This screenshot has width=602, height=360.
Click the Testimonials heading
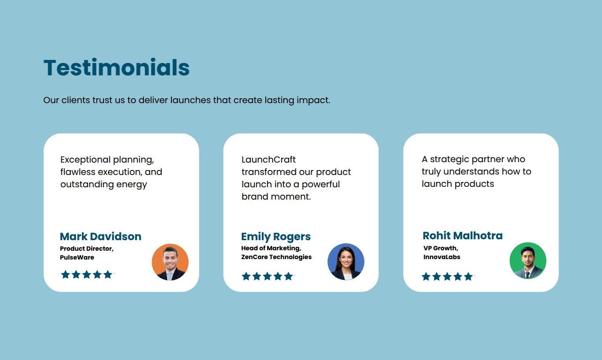pos(116,67)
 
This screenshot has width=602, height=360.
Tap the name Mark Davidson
pos(100,237)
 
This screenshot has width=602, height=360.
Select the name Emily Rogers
pos(276,237)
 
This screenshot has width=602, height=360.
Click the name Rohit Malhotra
pos(463,236)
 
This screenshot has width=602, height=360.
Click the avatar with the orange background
pos(170,262)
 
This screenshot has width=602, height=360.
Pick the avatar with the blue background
pos(346,262)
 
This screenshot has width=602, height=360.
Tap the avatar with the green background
pos(528,260)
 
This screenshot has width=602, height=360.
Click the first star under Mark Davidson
pos(66,275)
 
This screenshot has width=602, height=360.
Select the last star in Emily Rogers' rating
pos(288,276)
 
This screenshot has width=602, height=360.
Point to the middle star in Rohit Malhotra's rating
pos(447,276)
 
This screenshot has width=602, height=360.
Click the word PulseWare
pos(77,257)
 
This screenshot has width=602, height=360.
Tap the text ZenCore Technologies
pos(276,257)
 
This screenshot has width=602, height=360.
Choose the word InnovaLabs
pos(442,257)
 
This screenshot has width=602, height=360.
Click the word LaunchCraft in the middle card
pos(268,160)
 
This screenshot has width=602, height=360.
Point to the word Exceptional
pos(85,160)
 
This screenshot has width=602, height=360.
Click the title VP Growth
pos(441,248)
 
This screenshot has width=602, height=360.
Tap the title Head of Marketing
pos(271,248)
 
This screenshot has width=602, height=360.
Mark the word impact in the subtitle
pos(313,100)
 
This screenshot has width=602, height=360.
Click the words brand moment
pos(276,197)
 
